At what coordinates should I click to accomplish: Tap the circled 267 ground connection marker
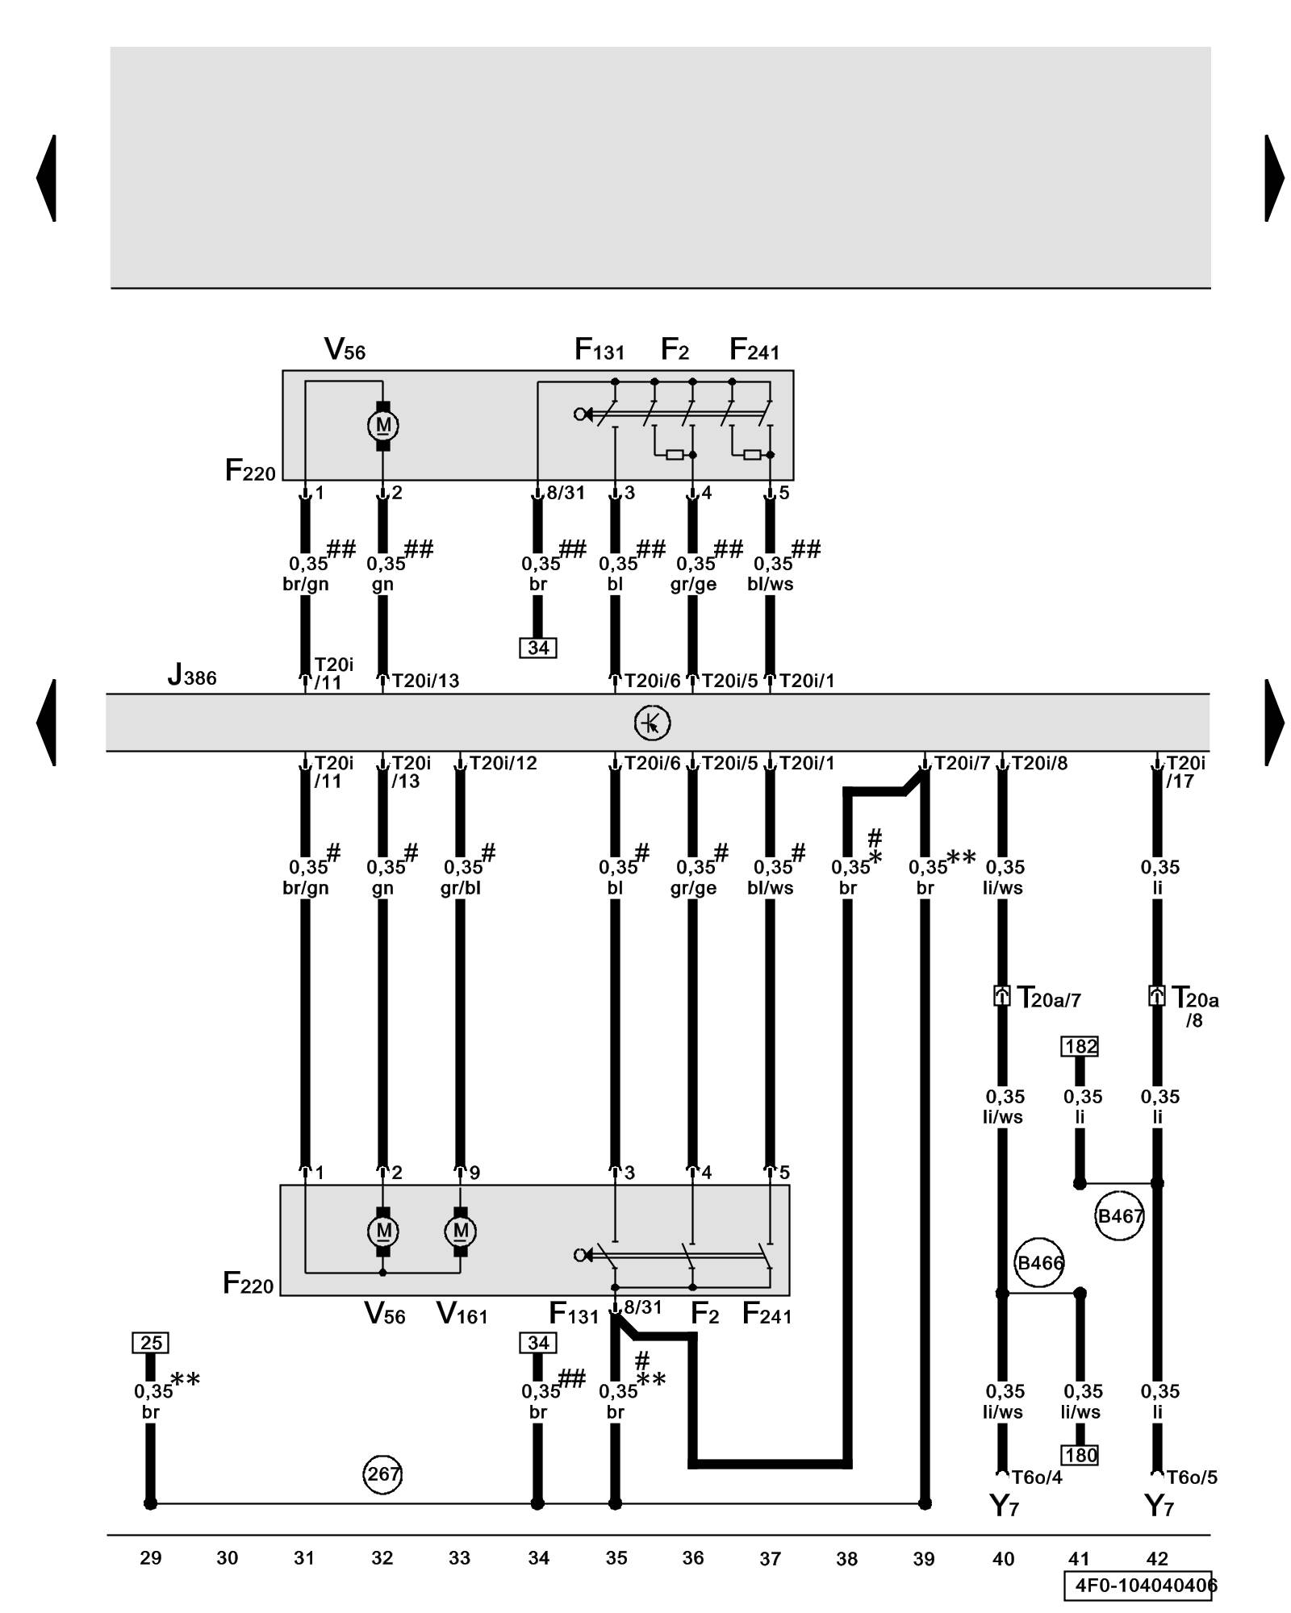tap(382, 1474)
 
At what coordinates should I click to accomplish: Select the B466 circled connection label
tap(1039, 1263)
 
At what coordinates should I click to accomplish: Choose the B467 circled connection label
tap(1119, 1216)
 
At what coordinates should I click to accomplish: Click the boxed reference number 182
tap(1080, 1047)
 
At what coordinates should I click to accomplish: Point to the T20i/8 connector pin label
tap(1038, 763)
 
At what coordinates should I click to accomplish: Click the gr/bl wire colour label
tap(461, 888)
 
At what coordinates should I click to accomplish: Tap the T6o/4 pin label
tap(1037, 1478)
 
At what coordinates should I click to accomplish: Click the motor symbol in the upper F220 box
tap(383, 425)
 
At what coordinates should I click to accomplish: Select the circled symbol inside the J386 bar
tap(652, 723)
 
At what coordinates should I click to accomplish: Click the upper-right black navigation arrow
tap(1273, 177)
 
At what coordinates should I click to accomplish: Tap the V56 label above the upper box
tap(345, 350)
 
